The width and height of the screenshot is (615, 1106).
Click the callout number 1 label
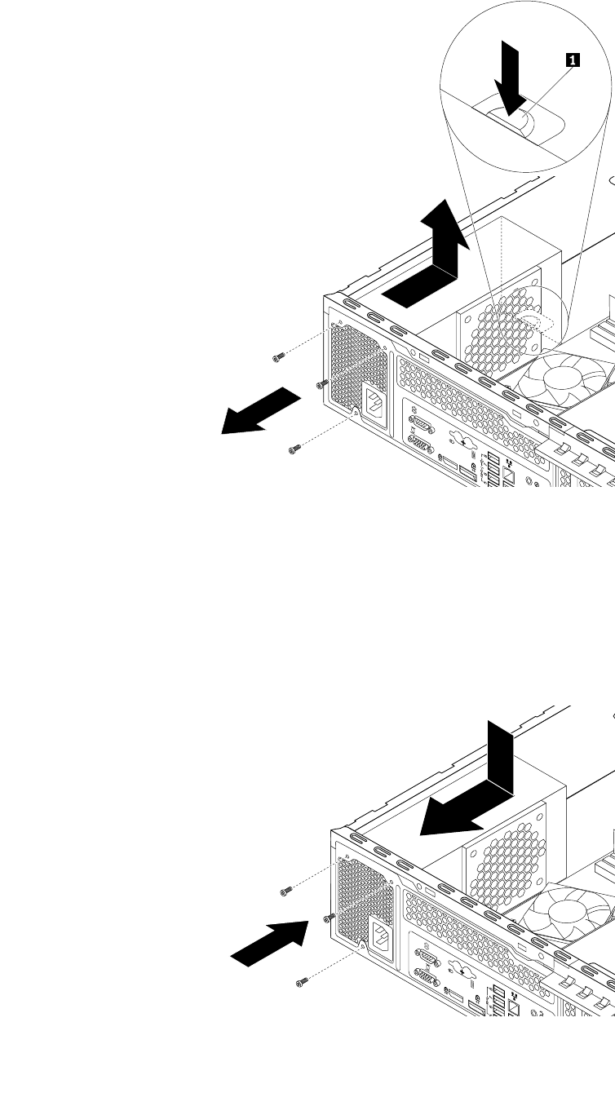[x=573, y=59]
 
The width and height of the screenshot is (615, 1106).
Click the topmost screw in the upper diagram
[x=279, y=356]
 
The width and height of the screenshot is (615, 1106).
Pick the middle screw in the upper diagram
[x=321, y=383]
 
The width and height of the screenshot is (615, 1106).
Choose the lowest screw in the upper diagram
[x=295, y=447]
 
